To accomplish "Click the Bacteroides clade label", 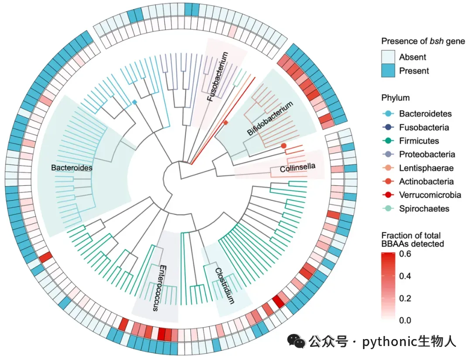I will [72, 168].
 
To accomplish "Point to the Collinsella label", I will [297, 167].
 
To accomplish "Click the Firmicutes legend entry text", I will [419, 141].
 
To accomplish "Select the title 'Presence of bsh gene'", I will [423, 41].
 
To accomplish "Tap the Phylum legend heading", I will [395, 98].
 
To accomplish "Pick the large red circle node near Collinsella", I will [284, 145].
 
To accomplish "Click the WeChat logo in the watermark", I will [299, 342].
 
